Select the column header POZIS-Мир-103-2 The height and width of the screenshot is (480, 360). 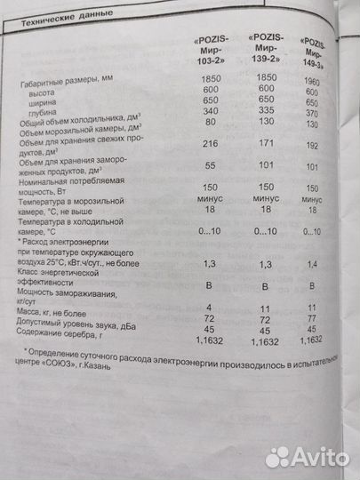tap(212, 54)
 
